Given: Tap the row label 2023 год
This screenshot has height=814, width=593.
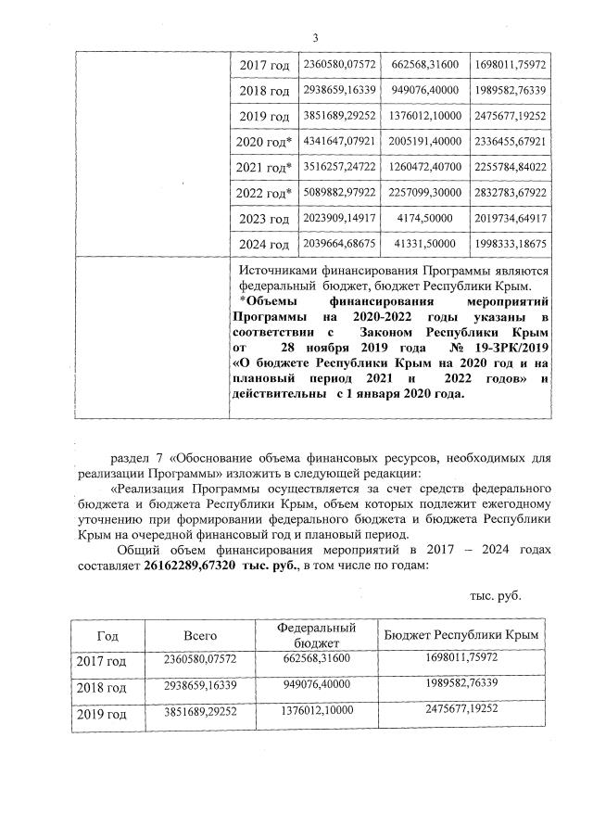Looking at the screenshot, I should (265, 220).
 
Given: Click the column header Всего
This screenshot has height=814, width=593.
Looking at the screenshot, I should (199, 635).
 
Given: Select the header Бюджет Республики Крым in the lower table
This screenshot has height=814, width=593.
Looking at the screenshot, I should (462, 635).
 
